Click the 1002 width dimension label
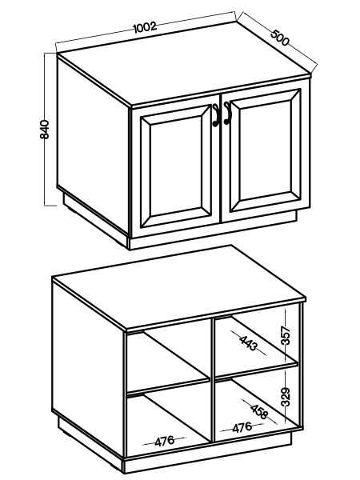(x=145, y=27)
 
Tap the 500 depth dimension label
(x=280, y=38)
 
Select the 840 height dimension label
(x=45, y=130)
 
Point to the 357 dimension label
(x=286, y=336)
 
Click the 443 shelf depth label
(x=249, y=343)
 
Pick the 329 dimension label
(x=286, y=397)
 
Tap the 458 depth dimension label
(x=259, y=412)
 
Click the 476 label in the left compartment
(x=164, y=441)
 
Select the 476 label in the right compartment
(x=242, y=428)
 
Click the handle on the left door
(x=216, y=115)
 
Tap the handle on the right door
(x=227, y=114)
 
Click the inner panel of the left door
(x=176, y=166)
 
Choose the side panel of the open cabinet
(x=88, y=370)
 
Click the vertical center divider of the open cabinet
(x=213, y=380)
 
